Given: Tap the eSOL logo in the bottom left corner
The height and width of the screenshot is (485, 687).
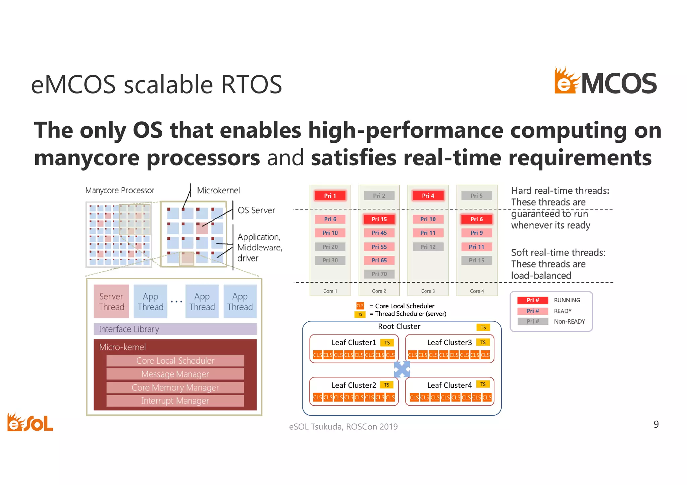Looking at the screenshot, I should coord(30,422).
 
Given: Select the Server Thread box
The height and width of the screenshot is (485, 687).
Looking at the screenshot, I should coord(111,301).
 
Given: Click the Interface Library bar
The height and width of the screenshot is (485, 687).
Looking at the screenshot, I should coord(175,329).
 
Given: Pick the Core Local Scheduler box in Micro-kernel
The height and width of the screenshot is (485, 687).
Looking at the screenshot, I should coord(175,361).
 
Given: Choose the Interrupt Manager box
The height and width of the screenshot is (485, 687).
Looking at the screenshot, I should coord(175,401).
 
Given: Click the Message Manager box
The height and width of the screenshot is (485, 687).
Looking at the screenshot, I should coord(175,374).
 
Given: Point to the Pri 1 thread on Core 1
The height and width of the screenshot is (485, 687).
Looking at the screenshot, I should coord(330,196).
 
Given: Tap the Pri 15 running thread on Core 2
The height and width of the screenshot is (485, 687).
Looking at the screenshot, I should coord(379,219).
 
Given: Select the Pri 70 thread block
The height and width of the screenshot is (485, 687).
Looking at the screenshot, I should coord(379,274).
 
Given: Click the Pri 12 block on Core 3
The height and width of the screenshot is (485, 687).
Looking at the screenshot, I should coord(428,247).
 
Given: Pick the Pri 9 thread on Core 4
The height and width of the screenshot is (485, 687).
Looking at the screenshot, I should coord(476,233).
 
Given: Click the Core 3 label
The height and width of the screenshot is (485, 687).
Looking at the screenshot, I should coord(428,291).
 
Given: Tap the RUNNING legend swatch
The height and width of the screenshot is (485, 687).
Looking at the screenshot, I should coord(532,300).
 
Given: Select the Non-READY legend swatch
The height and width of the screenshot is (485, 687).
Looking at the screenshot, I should coord(532,321).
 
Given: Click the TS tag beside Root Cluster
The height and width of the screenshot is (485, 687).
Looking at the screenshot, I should coord(483,327).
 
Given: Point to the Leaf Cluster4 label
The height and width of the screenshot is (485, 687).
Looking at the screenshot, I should coord(449,385).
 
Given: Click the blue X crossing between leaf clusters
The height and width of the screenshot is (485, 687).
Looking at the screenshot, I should coord(402,369).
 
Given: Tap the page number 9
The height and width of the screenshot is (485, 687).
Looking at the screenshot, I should coord(656,424).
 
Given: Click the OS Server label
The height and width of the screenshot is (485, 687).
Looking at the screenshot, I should coord(256,210).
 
